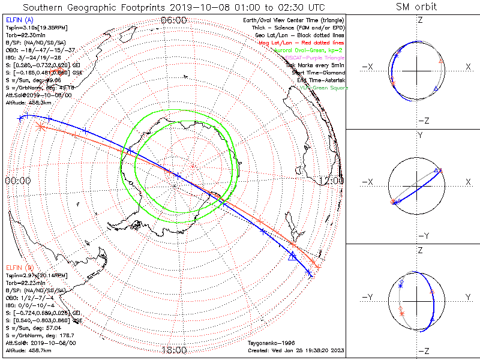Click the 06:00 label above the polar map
(x=174, y=20)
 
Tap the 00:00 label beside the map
(x=18, y=181)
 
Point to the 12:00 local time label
(x=332, y=181)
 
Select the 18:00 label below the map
(x=174, y=350)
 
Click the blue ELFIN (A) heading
(x=20, y=20)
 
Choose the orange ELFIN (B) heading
(x=20, y=267)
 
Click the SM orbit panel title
(x=416, y=7)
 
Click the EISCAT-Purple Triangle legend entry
(x=314, y=58)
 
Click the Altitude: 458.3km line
(x=29, y=103)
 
